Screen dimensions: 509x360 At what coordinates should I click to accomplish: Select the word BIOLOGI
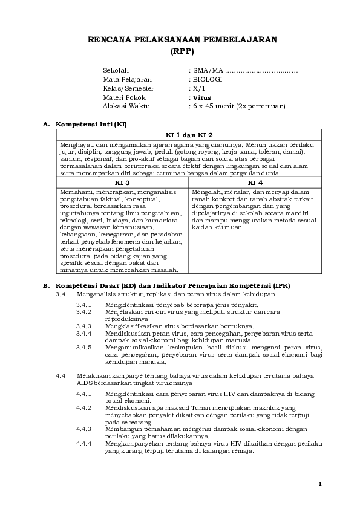click(208, 79)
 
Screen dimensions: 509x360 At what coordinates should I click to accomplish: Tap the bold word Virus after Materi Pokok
click(201, 97)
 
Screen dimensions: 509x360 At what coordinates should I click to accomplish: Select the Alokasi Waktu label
click(126, 106)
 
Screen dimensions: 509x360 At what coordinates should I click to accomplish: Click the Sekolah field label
click(116, 71)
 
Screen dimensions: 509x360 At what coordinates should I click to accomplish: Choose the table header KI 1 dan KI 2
click(190, 135)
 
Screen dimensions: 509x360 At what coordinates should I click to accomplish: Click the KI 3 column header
click(123, 182)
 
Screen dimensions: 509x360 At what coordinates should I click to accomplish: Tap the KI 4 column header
click(255, 182)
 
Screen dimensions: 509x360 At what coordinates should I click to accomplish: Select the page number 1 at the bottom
click(320, 484)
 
